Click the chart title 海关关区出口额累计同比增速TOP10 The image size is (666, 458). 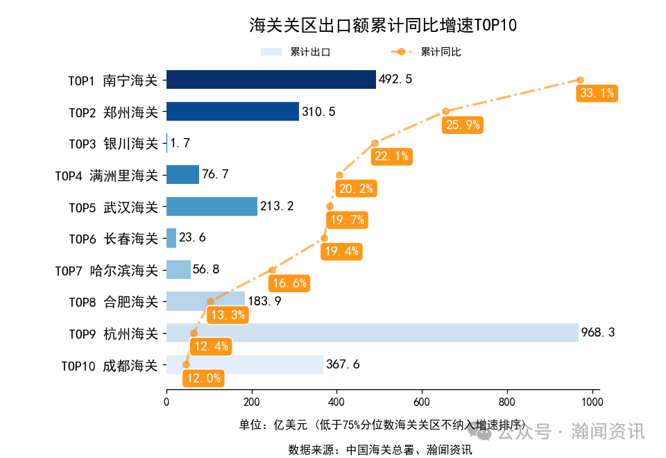(x=383, y=26)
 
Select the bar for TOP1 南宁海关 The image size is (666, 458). (x=271, y=80)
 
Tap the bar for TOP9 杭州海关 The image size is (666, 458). (x=372, y=332)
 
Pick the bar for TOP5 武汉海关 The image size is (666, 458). (x=212, y=206)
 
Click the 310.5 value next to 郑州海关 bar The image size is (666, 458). (x=318, y=112)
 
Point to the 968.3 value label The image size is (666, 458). (x=598, y=332)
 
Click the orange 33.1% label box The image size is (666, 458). (x=597, y=93)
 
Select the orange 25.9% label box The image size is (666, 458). (x=463, y=125)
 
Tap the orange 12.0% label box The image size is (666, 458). (x=203, y=378)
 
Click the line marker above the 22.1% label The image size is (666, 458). (x=375, y=143)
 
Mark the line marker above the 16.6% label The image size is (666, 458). (x=273, y=270)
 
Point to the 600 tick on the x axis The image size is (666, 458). (x=422, y=402)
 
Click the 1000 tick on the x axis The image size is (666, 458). (x=592, y=402)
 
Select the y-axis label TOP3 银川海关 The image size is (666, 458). (x=113, y=144)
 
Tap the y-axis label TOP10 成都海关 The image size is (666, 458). (x=110, y=365)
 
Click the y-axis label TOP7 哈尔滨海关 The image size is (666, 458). (x=107, y=270)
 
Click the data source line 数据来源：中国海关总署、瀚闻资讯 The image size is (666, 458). (x=379, y=450)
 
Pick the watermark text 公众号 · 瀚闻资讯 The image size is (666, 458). (x=570, y=432)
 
